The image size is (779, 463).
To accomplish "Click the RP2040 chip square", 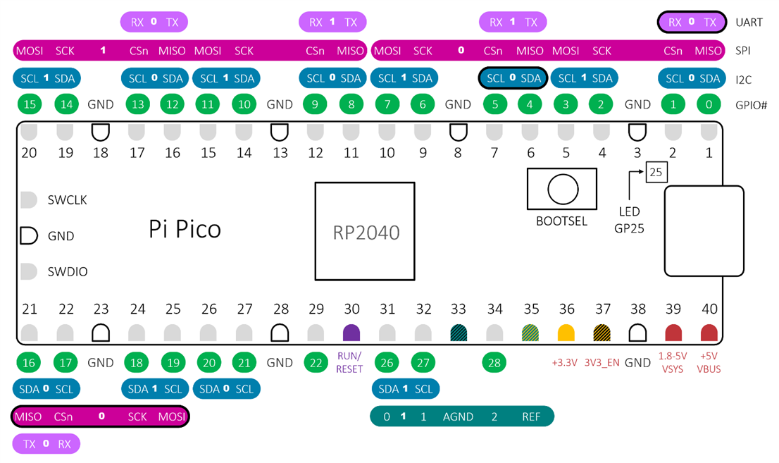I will tap(364, 232).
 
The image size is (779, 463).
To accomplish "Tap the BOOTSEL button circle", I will tap(562, 189).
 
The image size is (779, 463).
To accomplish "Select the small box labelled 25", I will tap(656, 172).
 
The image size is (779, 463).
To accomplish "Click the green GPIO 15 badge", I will tap(30, 104).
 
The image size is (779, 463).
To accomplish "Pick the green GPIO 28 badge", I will tap(495, 363).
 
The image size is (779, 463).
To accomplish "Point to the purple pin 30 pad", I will tap(351, 333).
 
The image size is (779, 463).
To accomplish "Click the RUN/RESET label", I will tap(349, 362).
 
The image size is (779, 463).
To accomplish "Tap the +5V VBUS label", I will tap(709, 363).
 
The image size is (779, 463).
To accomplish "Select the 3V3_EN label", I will tap(602, 363).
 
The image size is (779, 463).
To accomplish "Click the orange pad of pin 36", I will tap(566, 333).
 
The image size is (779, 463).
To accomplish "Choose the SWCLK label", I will tap(68, 200).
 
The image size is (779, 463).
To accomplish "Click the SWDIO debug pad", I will tap(28, 271).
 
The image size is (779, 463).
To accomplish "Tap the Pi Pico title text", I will tap(185, 229).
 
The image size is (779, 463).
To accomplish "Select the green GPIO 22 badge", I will tap(316, 363).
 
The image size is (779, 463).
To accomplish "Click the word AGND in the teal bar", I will tap(458, 416).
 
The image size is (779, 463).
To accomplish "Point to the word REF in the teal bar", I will tap(531, 416).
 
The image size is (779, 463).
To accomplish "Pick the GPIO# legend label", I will tap(750, 105).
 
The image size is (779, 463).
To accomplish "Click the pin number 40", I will tap(709, 309).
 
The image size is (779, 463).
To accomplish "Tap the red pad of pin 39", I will tap(673, 333).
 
